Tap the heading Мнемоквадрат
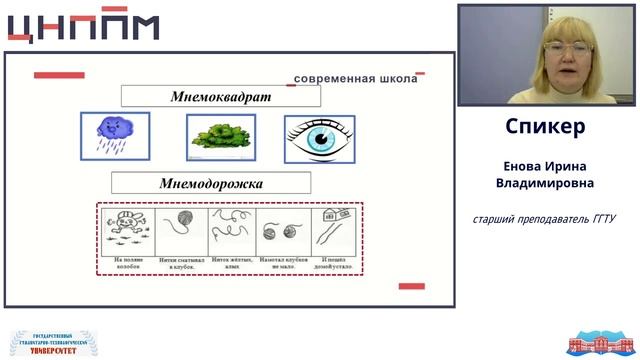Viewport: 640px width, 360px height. click(221, 96)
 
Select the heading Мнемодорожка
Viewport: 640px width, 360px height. click(211, 183)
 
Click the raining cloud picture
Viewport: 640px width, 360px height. click(115, 136)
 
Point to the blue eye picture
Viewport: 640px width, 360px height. click(320, 138)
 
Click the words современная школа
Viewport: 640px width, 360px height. click(355, 79)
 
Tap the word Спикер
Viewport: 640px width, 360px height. click(545, 127)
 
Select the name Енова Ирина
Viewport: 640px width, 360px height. click(545, 166)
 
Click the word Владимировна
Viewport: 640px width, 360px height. click(545, 184)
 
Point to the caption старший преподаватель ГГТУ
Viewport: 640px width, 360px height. click(545, 218)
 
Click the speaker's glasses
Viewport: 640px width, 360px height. click(568, 48)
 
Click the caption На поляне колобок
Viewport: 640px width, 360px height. click(127, 263)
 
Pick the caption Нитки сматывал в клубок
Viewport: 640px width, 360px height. click(180, 263)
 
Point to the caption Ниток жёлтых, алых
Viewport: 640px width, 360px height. click(231, 263)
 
